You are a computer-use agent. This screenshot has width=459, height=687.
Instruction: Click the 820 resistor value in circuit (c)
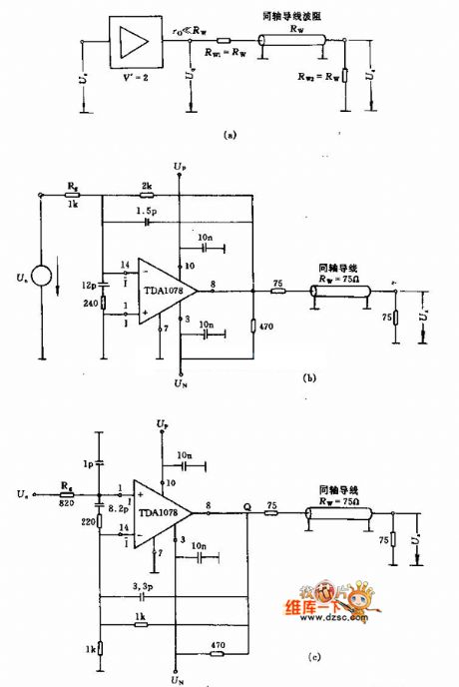[65, 501]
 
